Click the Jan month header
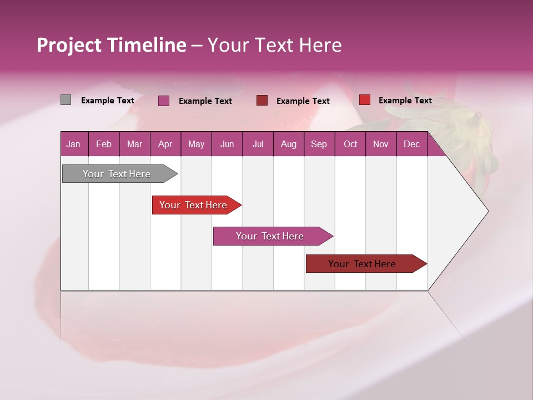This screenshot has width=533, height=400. [73, 144]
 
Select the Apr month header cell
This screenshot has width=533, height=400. [165, 144]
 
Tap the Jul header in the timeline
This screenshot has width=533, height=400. [258, 144]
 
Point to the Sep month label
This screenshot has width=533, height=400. [319, 144]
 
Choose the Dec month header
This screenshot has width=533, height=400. [411, 144]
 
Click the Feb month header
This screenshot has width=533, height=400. [104, 144]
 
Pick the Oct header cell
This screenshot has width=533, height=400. [350, 144]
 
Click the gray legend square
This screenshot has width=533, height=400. [66, 100]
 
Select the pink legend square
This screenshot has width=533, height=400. [164, 101]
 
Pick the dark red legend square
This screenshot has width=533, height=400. [262, 100]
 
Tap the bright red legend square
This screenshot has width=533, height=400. [365, 99]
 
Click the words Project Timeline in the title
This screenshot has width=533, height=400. [112, 45]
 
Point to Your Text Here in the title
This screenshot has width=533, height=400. [275, 45]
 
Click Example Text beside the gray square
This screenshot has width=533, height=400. [108, 101]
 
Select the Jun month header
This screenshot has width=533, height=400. [227, 144]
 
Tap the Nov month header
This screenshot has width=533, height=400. [381, 144]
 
